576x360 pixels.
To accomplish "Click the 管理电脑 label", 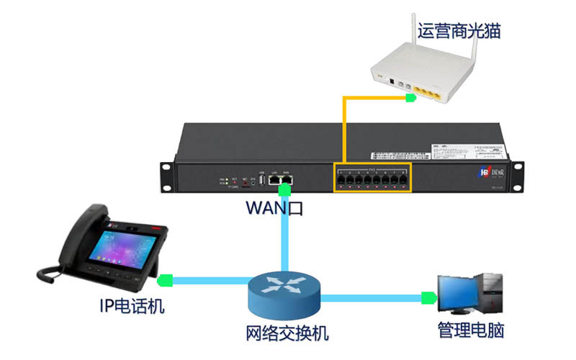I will pyautogui.click(x=471, y=330).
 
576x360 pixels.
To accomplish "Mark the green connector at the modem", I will pyautogui.click(x=409, y=97).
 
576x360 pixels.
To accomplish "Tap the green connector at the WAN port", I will pyautogui.click(x=285, y=189).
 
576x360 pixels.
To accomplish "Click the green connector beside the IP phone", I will pyautogui.click(x=166, y=279).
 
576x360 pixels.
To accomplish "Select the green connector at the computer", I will pyautogui.click(x=431, y=296).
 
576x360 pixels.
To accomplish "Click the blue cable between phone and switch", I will pyautogui.click(x=209, y=279).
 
